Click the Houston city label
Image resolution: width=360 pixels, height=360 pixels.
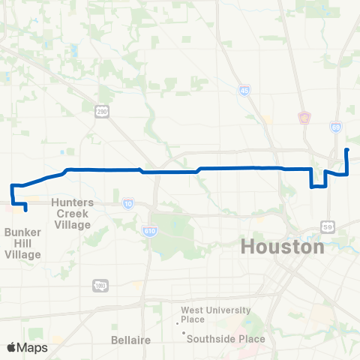[283, 247]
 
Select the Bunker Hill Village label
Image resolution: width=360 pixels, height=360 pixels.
[23, 244]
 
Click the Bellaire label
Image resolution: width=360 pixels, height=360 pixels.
[131, 340]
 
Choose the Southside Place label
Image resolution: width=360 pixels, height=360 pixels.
[226, 338]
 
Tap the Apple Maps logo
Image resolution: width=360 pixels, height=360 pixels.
[27, 347]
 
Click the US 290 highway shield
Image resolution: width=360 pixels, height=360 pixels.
[101, 112]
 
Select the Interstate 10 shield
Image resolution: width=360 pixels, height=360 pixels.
[128, 203]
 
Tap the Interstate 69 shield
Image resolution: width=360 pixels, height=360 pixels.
[336, 128]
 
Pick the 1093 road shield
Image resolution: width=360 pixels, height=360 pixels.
[100, 285]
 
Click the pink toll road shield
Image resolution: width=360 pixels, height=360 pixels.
[304, 117]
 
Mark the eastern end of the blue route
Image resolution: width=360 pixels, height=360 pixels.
[346, 151]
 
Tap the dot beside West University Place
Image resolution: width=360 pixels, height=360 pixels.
[178, 323]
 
